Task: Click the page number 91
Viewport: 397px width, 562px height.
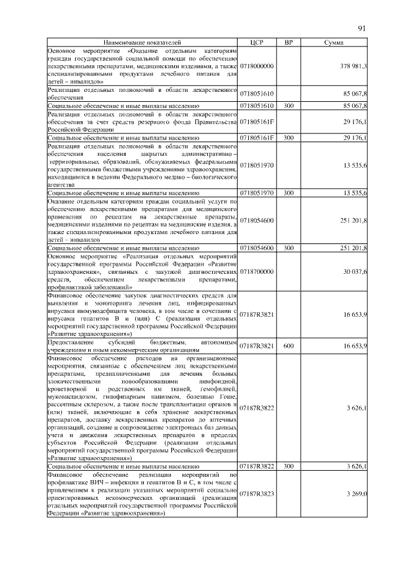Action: click(362, 28)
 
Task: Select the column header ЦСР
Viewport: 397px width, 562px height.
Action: click(256, 42)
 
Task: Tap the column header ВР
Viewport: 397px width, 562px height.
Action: click(288, 42)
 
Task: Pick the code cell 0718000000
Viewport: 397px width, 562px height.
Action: click(257, 65)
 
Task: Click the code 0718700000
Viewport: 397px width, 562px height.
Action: click(257, 271)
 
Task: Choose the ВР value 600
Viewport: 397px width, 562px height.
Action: click(288, 345)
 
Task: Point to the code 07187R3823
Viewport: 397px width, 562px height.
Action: click(257, 493)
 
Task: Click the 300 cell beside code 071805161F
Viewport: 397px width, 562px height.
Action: click(288, 137)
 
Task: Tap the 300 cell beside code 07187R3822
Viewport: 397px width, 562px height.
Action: click(288, 465)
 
